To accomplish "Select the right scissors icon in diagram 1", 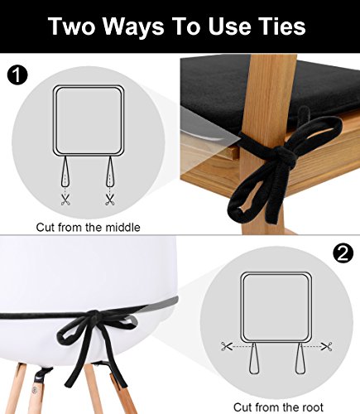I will (x=108, y=199).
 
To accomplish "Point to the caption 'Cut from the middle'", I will (x=88, y=226).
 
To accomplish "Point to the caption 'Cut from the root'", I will (x=276, y=405).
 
